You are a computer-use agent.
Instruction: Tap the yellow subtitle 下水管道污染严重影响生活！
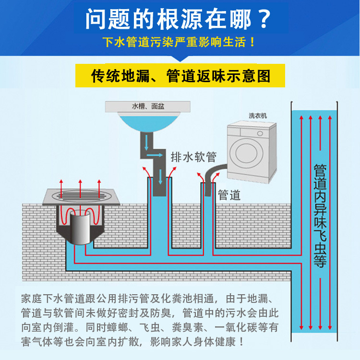pos(180,43)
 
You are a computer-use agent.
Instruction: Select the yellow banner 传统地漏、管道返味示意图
pos(180,76)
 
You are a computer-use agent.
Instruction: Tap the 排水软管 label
pos(193,156)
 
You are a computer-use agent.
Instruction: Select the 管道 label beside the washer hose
pos(229,195)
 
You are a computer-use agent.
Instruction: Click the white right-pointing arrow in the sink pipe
pos(154,156)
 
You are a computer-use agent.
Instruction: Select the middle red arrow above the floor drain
pos(80,185)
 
